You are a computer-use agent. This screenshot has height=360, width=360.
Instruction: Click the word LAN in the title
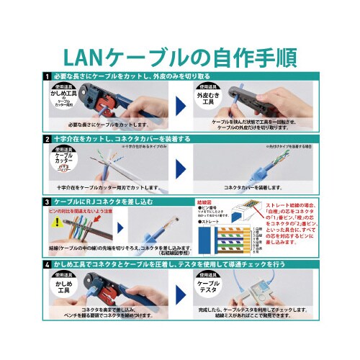pos(87,56)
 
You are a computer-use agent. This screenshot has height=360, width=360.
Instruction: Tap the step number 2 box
pos(47,138)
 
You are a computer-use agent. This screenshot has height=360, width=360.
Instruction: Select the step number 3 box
pos(47,202)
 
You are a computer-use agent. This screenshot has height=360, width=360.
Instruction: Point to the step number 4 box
pos(47,265)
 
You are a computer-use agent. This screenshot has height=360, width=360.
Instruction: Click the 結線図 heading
pos(205,203)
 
